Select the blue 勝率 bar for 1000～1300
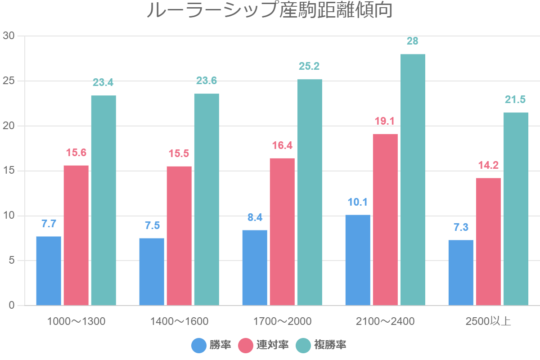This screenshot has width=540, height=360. coord(49,271)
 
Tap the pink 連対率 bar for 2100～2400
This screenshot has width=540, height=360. coord(385,220)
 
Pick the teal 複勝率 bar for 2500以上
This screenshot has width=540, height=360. coord(516,209)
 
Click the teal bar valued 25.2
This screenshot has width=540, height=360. coord(310,192)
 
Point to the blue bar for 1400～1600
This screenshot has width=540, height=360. coord(152,272)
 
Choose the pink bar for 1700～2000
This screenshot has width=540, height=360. coord(282,232)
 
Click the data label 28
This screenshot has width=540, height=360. coord(413,41)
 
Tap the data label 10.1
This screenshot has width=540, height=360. coord(358,202)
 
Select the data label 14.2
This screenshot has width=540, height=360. coord(488,165)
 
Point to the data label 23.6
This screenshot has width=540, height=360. coord(207,81)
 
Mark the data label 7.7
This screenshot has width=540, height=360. coord(49,224)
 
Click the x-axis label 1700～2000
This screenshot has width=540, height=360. coord(282,321)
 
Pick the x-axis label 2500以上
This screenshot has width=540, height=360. coord(488,321)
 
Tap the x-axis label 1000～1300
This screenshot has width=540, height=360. coord(76,321)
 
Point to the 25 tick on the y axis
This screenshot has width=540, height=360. coord(9,81)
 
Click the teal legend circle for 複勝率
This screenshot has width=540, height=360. coord(304,345)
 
